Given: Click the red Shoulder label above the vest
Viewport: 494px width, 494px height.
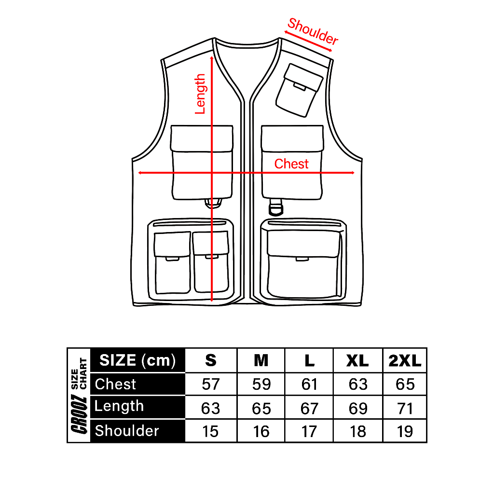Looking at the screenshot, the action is click(313, 31).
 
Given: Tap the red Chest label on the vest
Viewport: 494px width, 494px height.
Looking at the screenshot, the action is click(291, 164).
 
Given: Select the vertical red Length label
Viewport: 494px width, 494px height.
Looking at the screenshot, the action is click(200, 94).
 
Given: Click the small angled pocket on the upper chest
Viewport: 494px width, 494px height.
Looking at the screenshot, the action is click(299, 90).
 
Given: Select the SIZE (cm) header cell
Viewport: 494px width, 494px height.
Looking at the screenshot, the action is click(137, 360).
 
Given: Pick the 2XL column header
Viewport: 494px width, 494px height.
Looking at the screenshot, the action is click(405, 361).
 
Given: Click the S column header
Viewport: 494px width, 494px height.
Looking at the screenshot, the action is click(211, 361).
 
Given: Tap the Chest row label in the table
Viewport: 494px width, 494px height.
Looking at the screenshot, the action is click(115, 384).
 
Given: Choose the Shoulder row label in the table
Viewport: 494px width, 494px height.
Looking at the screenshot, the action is click(127, 431).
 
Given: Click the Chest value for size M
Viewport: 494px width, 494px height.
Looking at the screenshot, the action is click(261, 384).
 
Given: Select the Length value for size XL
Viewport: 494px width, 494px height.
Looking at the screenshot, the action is click(358, 409).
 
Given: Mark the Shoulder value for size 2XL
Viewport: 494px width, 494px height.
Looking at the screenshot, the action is click(405, 432).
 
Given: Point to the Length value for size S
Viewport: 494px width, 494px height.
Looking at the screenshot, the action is click(210, 409).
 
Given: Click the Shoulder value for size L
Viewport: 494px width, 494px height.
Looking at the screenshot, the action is click(309, 432).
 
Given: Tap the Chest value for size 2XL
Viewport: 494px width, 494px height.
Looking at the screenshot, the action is click(405, 384).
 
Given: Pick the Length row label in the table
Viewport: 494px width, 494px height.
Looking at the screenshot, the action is click(119, 406).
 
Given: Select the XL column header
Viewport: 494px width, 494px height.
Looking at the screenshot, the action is click(357, 361).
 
